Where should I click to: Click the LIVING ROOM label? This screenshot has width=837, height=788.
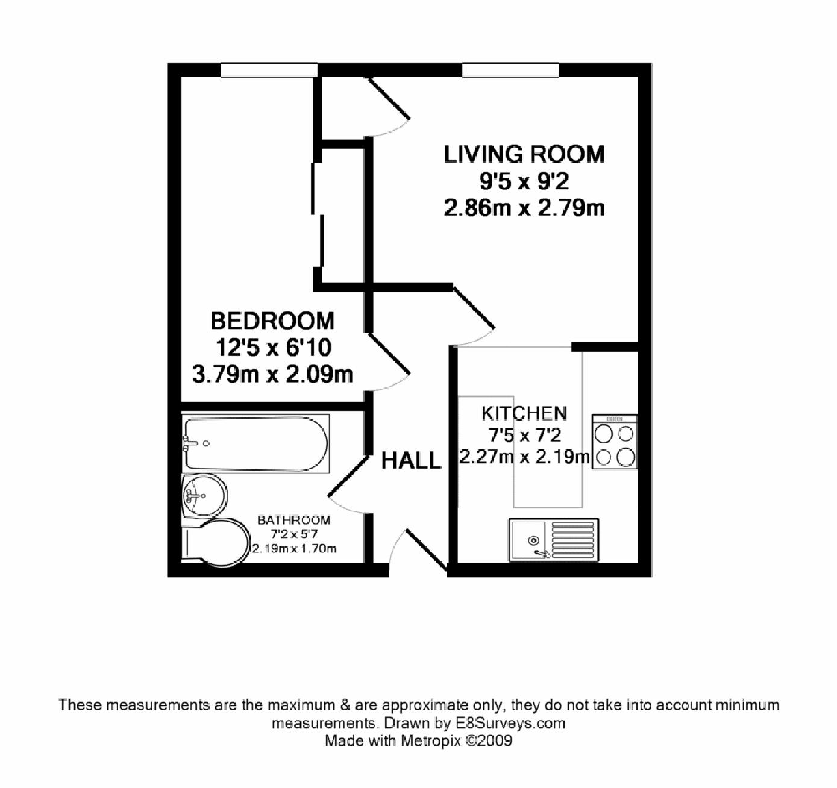(x=524, y=154)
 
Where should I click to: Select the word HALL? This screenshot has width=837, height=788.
(x=411, y=460)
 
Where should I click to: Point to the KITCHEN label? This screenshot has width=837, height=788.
(x=524, y=413)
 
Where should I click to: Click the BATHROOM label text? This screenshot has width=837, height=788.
(x=294, y=520)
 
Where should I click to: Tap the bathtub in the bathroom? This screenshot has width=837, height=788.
(x=256, y=444)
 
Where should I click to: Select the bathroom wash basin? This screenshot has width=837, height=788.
(x=204, y=495)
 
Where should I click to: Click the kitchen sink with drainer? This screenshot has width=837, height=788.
(x=554, y=540)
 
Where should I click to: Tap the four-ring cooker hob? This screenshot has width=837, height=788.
(x=615, y=442)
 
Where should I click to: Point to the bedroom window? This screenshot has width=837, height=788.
(x=269, y=70)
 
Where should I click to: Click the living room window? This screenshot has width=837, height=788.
(x=511, y=70)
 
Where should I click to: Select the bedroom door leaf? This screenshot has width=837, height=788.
(x=389, y=354)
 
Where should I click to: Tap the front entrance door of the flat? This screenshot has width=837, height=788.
(x=426, y=550)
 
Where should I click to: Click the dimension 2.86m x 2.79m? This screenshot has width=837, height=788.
(x=524, y=208)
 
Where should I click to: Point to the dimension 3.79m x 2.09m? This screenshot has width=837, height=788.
(x=272, y=374)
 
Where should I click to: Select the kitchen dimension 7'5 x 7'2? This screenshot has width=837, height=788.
(x=525, y=435)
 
